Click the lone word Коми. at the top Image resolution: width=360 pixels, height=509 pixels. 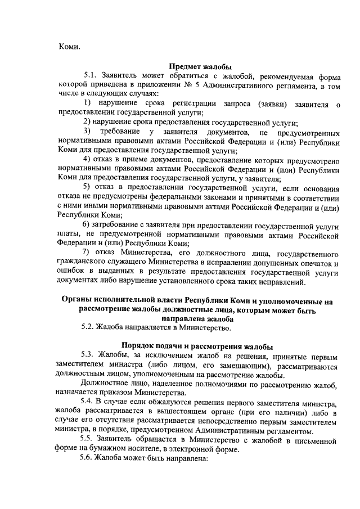click(x=70, y=47)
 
